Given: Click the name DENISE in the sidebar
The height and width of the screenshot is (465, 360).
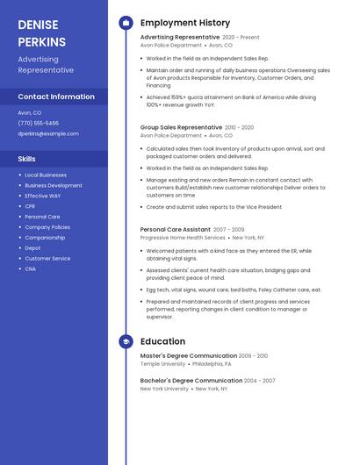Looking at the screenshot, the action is coord(37,24).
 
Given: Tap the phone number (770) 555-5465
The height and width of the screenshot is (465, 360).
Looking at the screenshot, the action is coord(39,123).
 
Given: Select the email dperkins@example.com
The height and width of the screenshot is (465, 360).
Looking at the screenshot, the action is coord(48,133).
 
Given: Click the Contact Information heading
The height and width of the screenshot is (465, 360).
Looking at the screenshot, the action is coord(56,97).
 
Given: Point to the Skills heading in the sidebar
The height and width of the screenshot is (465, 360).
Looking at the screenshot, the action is coord(27,159).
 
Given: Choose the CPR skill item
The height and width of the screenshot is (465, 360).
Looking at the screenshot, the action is coord(30,206).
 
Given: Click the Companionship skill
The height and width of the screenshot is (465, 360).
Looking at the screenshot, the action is coord(45,238).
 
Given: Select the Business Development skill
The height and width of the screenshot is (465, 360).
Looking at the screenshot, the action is coord(54,185).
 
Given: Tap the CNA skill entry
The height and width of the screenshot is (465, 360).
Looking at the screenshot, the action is coord(30,269).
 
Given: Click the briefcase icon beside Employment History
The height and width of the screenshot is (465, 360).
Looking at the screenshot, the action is coord(126,23).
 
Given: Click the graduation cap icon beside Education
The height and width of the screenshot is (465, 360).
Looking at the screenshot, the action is coord(126,341).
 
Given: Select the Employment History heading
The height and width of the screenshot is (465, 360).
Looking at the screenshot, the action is coord(185,23).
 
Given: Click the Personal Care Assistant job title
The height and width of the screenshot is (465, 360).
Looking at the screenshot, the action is coord(175,229).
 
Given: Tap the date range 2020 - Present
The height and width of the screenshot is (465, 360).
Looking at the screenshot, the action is coord(241,38).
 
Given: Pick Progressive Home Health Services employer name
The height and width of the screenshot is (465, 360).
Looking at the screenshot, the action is coord(183,238).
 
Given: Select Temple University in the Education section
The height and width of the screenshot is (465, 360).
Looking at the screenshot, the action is coord(163,363).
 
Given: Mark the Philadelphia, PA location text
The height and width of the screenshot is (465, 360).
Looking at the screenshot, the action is coord(212,363).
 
